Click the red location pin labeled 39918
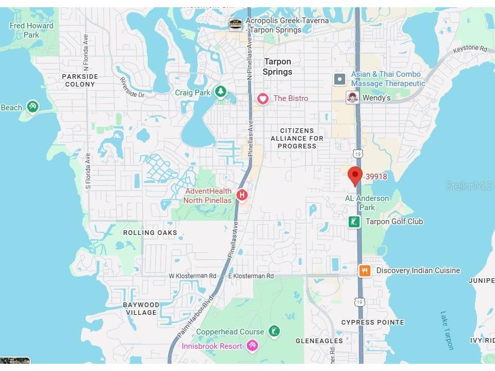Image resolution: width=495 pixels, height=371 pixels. click(x=354, y=175)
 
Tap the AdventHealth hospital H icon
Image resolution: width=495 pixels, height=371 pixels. click(x=242, y=195)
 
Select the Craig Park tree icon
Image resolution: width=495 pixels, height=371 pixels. click(x=220, y=92)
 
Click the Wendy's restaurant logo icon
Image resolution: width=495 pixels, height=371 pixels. click(x=352, y=97)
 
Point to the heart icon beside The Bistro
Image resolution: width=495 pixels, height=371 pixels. click(x=263, y=98)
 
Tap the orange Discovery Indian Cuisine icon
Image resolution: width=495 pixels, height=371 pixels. click(x=365, y=271)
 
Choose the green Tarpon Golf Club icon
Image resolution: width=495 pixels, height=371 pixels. click(x=354, y=222)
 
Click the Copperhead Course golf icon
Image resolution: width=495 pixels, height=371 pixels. click(x=275, y=332)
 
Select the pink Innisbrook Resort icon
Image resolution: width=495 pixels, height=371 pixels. click(x=252, y=346)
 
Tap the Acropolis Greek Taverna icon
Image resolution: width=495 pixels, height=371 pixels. click(x=235, y=24)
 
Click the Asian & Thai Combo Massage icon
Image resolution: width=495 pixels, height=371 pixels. click(x=339, y=79)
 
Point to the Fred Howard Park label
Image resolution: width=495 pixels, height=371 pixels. click(x=31, y=30)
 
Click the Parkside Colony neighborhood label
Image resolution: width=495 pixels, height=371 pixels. click(x=80, y=80)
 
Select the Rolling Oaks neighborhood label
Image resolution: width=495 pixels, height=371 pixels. click(x=150, y=232)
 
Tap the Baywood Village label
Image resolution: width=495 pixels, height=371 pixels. click(x=141, y=309)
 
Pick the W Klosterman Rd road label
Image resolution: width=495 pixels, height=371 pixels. click(x=193, y=276)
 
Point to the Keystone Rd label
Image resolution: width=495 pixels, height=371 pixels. click(x=469, y=49)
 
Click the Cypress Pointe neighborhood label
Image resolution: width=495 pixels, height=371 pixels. click(x=373, y=323)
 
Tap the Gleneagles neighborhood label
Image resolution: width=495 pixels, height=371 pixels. click(x=319, y=341)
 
